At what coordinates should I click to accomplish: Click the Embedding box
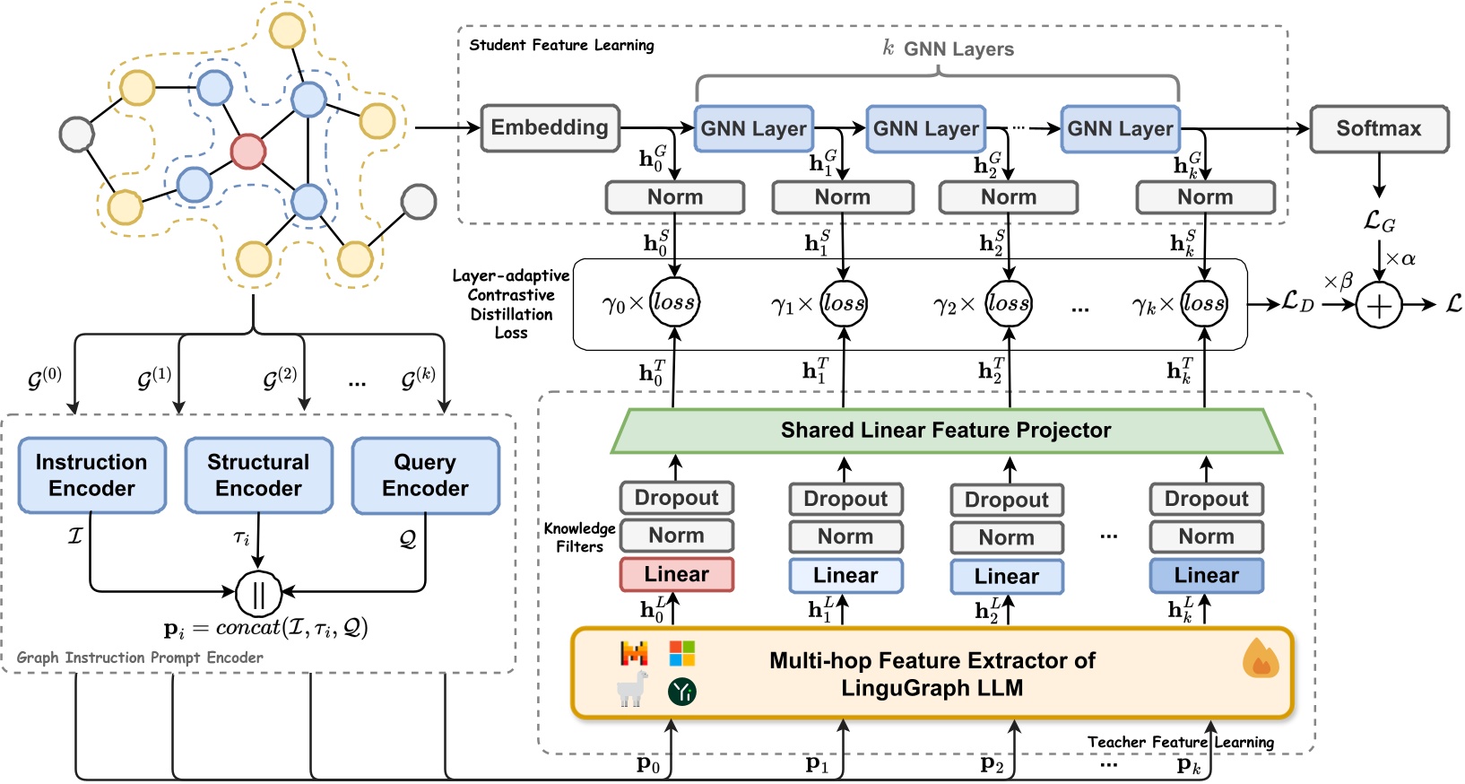pos(550,128)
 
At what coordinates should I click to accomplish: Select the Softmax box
pos(1378,129)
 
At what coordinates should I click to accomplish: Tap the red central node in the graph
pos(248,151)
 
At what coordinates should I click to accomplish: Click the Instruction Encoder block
pos(91,475)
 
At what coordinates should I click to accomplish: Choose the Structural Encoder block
pos(258,475)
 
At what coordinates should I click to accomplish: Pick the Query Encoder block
pos(425,475)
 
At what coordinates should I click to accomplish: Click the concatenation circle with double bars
pos(258,592)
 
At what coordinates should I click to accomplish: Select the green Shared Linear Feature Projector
pos(946,431)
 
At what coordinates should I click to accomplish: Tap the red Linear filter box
pos(676,574)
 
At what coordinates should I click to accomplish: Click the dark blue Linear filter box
pos(1206,575)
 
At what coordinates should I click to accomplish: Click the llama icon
pos(633,689)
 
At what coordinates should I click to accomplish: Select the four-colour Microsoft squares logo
pos(682,653)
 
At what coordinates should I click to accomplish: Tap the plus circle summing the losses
pos(1379,306)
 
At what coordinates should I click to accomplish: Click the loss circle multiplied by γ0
pos(674,302)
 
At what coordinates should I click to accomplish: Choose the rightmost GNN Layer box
pos(1120,129)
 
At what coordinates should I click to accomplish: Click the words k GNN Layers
pos(949,49)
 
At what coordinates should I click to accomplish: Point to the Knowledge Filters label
pos(579,537)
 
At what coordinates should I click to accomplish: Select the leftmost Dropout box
pos(676,498)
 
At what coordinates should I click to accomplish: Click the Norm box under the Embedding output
pos(675,197)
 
